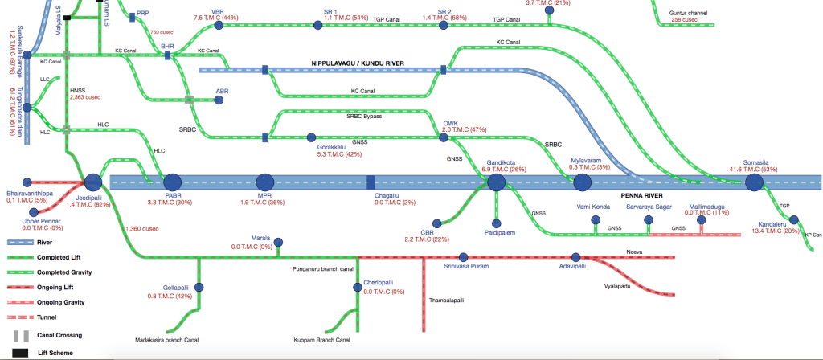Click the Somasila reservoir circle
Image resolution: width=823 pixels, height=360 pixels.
753,183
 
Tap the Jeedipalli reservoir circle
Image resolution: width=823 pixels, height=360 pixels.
92,183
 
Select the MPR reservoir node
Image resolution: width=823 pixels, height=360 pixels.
265,183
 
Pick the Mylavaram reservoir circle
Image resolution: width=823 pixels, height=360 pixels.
582,183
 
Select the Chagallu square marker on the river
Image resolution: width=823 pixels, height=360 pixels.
371,183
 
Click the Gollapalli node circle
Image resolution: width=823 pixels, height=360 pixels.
199,287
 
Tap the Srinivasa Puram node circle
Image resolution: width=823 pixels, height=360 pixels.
447,257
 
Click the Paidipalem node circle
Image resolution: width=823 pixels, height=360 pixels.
496,223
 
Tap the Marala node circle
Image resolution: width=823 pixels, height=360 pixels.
277,240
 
